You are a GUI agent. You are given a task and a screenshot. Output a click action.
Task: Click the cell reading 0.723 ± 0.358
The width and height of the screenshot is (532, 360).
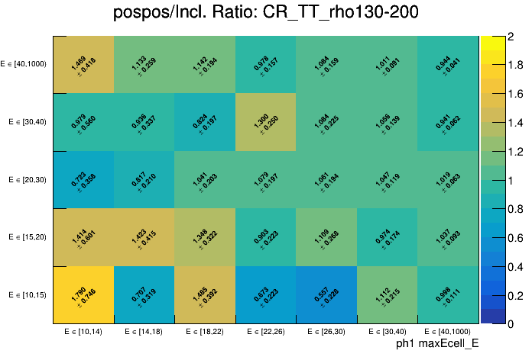[83, 180]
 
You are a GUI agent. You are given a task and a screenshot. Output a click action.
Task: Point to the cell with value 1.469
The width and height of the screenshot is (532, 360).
[83, 64]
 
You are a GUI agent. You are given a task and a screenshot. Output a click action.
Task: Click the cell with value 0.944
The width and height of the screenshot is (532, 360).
[448, 64]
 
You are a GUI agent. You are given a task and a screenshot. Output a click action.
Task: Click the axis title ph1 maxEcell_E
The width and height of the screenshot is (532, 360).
[436, 345]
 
